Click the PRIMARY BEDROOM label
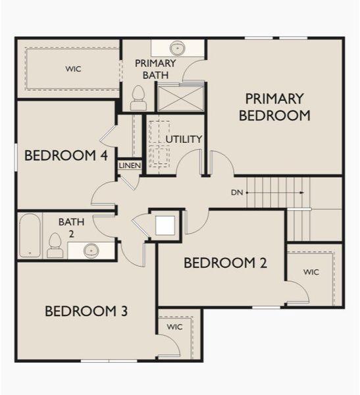(274, 107)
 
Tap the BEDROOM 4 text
(66, 156)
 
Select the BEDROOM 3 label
(86, 311)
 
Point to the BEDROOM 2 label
(225, 263)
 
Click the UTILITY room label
(184, 140)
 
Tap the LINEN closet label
(130, 165)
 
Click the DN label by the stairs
(238, 193)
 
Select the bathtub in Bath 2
(30, 236)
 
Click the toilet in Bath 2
(55, 245)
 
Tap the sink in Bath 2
(91, 250)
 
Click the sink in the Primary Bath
(177, 48)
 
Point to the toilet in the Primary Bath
(138, 99)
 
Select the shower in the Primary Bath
(180, 97)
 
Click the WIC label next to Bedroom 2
(311, 272)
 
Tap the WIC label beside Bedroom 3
(174, 327)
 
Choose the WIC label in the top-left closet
(74, 68)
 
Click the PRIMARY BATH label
(155, 68)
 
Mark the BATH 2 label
(71, 228)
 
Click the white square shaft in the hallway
(165, 225)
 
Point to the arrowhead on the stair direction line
(302, 193)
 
